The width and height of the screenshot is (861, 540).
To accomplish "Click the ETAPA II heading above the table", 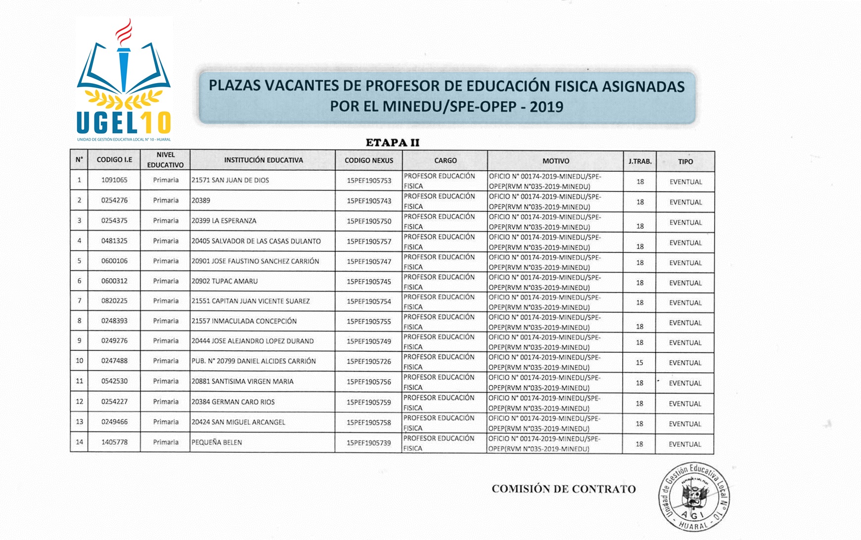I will click(x=392, y=143).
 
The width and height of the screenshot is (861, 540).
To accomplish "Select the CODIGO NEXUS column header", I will click(x=369, y=160).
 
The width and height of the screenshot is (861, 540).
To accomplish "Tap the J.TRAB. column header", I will click(x=640, y=161).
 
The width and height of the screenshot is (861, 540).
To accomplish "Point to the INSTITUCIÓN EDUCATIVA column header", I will click(x=263, y=160).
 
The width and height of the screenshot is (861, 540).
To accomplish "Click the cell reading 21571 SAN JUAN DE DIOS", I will click(x=230, y=180).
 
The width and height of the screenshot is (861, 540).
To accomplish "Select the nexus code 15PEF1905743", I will click(x=369, y=201).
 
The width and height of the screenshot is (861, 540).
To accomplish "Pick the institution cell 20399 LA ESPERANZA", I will click(x=224, y=221).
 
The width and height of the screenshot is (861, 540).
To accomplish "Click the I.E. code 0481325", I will click(x=114, y=241).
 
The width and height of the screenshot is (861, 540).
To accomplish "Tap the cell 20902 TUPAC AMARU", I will click(x=225, y=281).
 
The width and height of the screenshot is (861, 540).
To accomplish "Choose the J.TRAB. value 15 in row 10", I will click(x=639, y=363).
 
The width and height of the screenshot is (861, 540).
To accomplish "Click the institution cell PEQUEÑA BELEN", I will click(x=217, y=442).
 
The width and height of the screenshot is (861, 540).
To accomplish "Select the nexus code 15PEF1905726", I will click(x=369, y=361).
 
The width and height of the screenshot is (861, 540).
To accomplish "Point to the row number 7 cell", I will click(x=79, y=301).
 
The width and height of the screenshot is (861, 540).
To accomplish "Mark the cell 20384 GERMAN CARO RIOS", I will click(x=233, y=402).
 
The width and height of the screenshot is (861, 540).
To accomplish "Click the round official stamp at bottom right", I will click(x=694, y=497).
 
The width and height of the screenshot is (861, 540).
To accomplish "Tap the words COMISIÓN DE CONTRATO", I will click(x=563, y=489).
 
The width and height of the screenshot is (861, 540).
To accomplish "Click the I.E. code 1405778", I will click(x=114, y=442).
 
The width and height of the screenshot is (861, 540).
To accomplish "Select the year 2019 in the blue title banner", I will click(x=546, y=107).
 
